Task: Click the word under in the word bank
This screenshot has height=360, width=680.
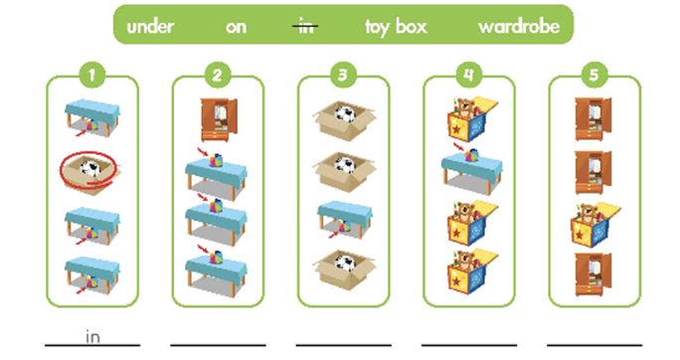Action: (150, 27)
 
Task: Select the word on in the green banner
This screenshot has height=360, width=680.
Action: (236, 27)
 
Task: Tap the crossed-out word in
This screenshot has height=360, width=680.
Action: (305, 27)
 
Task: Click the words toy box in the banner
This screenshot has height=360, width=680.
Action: (396, 27)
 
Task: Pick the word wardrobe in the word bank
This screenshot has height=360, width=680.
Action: (519, 27)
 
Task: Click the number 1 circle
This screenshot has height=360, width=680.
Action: (91, 75)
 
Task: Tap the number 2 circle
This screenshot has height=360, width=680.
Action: (218, 75)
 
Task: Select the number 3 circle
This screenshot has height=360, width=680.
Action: (343, 75)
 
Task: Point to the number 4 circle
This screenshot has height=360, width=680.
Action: (469, 75)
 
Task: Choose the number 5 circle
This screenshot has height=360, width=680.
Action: (595, 75)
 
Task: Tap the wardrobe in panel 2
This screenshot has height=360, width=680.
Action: (219, 119)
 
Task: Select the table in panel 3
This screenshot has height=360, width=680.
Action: (344, 220)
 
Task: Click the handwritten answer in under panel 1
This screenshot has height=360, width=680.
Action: (92, 336)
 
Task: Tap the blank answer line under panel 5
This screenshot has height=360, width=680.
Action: (595, 345)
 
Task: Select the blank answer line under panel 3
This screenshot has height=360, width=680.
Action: (343, 345)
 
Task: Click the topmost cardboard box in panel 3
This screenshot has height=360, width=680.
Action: (344, 120)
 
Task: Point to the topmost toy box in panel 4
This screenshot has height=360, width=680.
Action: (472, 119)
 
